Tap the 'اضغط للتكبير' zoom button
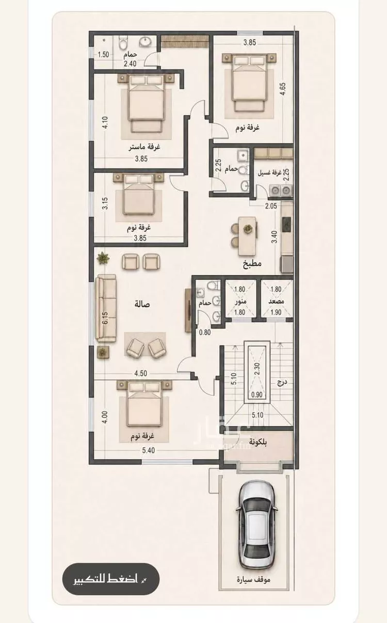(x=111, y=579)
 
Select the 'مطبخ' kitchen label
(x=252, y=263)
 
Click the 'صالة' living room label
(x=142, y=304)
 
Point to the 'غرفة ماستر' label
(x=144, y=147)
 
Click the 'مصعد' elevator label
(x=276, y=301)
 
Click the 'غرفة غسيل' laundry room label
(x=269, y=173)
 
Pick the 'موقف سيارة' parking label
(x=254, y=578)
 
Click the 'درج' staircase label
(x=282, y=383)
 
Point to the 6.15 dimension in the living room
(x=105, y=318)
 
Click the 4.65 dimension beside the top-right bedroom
(x=283, y=89)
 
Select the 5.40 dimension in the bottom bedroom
(x=149, y=450)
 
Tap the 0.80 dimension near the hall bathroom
(x=205, y=332)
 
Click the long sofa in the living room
(x=106, y=309)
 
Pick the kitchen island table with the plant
(x=247, y=236)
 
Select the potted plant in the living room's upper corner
(x=103, y=258)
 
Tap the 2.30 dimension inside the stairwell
(x=257, y=369)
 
